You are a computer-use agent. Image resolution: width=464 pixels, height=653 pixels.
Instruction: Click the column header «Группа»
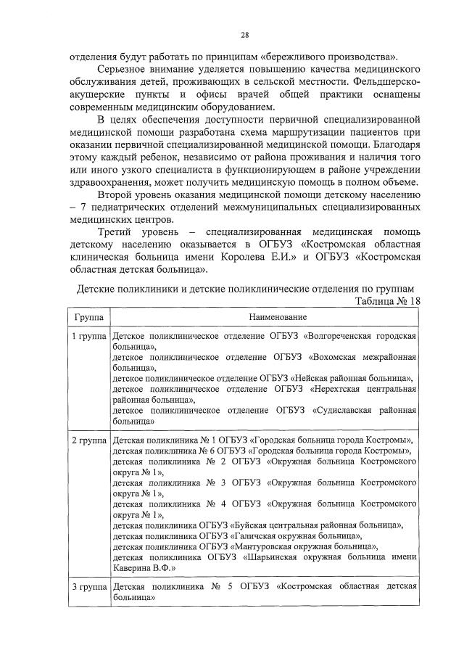tap(88, 318)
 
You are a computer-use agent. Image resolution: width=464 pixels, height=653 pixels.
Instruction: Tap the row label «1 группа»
tap(88, 337)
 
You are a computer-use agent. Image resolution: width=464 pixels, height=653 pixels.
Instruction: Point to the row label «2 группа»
tap(88, 440)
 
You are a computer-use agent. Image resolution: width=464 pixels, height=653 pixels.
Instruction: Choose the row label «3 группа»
tap(88, 584)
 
